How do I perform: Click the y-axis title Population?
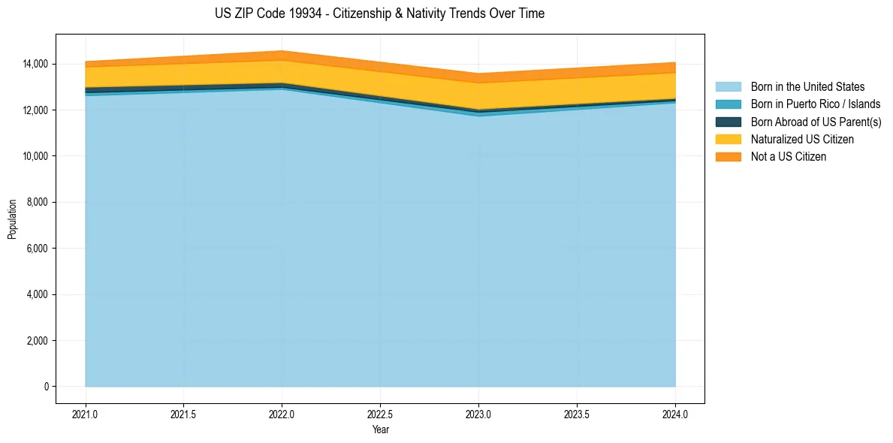12,219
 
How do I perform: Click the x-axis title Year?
380,429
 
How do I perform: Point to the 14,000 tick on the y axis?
34,65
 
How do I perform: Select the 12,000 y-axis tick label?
34,110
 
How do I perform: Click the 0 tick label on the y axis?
45,387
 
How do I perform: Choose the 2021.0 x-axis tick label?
86,414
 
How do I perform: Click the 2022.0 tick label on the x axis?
282,414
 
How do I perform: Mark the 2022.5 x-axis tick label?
380,414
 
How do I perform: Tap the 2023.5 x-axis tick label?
577,414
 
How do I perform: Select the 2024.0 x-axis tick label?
675,414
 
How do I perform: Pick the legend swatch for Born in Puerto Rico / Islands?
728,104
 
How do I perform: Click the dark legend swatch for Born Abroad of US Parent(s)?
728,122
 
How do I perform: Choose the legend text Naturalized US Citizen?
802,139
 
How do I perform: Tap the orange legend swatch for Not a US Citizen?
728,156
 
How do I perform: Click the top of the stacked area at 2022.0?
282,51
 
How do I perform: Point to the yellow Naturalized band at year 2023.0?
478,96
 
